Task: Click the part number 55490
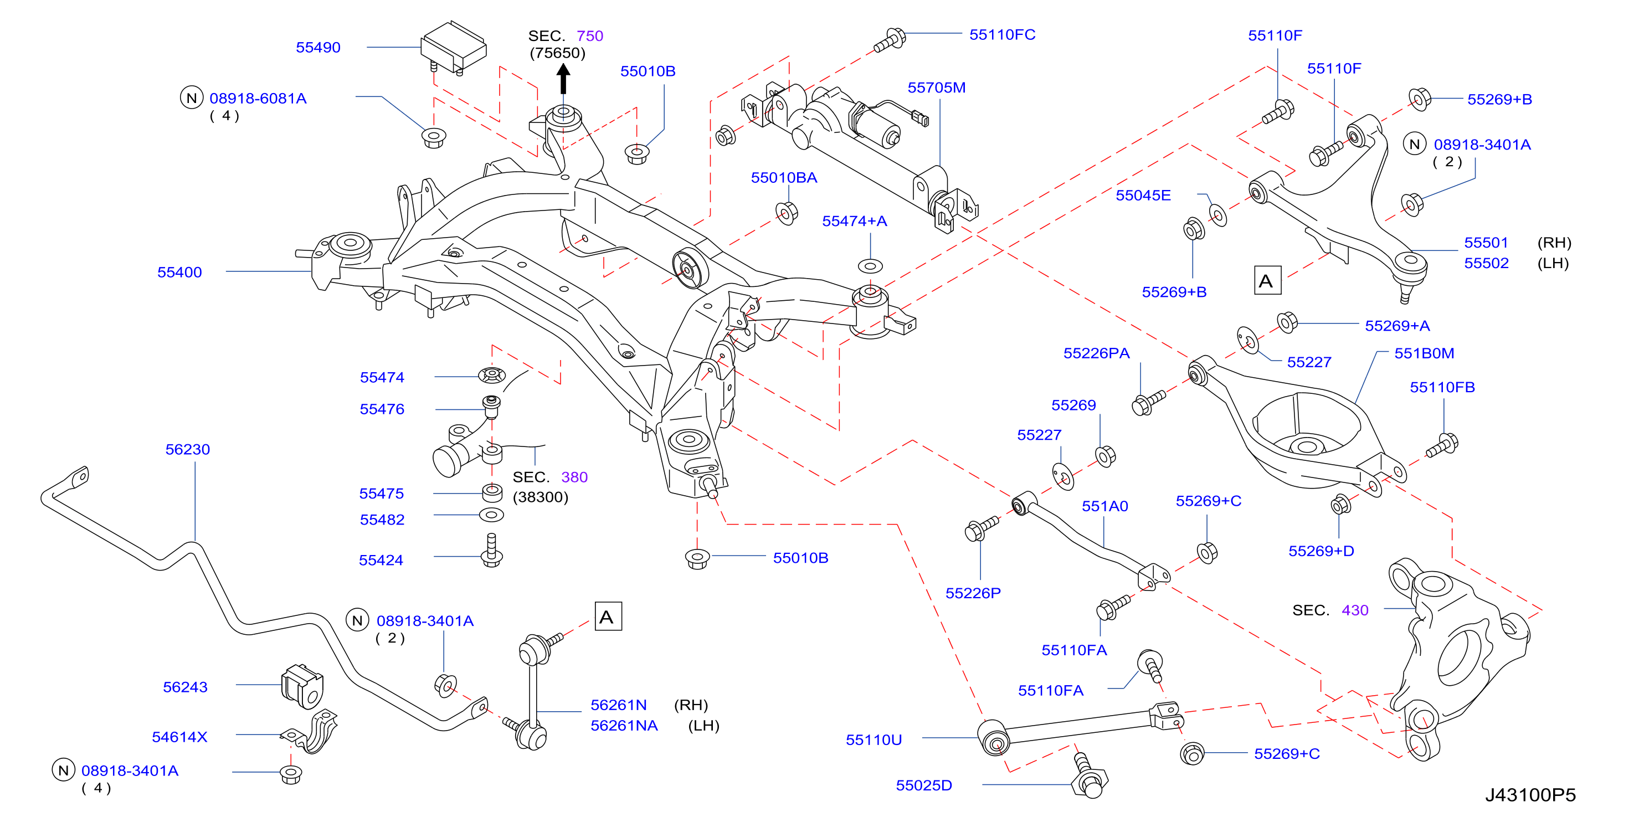click(x=318, y=48)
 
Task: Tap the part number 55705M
click(x=937, y=88)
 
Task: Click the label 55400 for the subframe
click(x=179, y=273)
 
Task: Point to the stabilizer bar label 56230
click(x=188, y=450)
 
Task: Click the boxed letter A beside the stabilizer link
click(x=608, y=617)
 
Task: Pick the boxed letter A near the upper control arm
click(x=1267, y=281)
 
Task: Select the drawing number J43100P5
click(x=1531, y=795)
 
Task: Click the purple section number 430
click(x=1355, y=611)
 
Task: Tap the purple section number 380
click(x=574, y=477)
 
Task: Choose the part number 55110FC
click(x=1002, y=35)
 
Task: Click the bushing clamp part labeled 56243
click(x=303, y=686)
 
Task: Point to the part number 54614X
click(x=179, y=737)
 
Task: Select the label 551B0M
click(x=1424, y=354)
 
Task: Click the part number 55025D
click(x=924, y=786)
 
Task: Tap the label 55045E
click(x=1143, y=196)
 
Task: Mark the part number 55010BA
click(x=784, y=178)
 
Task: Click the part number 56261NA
click(x=624, y=726)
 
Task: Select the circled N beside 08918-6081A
click(x=192, y=98)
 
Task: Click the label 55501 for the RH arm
click(x=1486, y=243)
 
